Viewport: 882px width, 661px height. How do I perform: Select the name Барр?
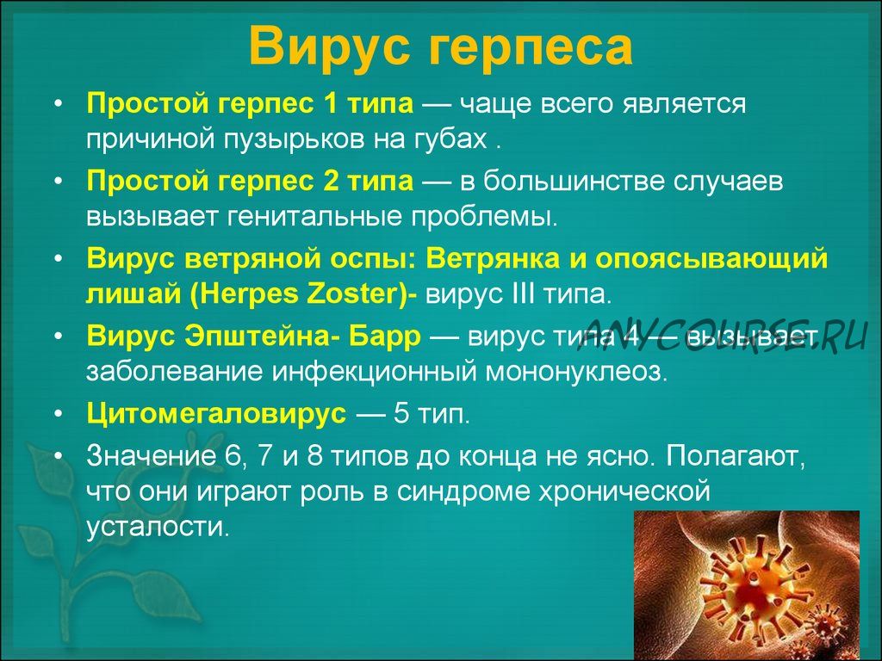tap(385, 337)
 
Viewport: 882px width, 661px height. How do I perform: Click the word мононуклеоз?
tap(576, 372)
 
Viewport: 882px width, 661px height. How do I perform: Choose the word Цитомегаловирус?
tap(216, 414)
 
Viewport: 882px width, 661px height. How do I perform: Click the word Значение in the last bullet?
tap(152, 455)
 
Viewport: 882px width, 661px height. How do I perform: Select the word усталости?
tap(158, 528)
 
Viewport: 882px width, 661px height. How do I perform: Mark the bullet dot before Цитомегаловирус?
tap(60, 415)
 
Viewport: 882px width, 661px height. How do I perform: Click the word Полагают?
tap(736, 456)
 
